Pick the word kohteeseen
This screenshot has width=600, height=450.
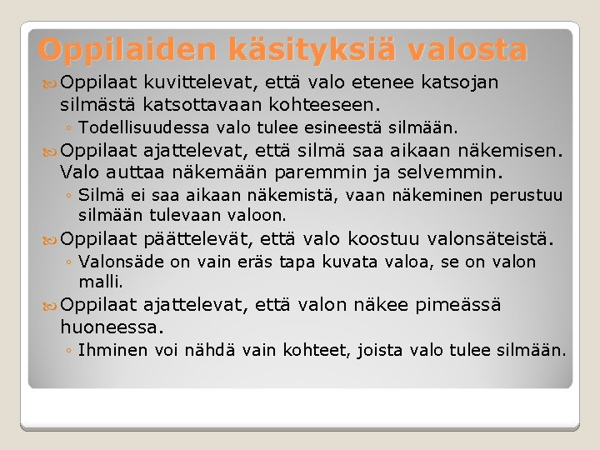coord(322,106)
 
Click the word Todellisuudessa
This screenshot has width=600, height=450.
coord(144,128)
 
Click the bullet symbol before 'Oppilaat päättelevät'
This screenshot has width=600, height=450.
coord(52,241)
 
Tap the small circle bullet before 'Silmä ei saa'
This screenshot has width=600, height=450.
coord(70,197)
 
